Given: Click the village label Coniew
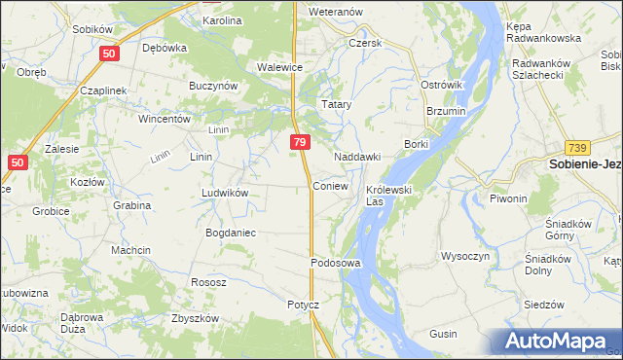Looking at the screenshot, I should point(330,185).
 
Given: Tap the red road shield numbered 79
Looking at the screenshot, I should point(300,142).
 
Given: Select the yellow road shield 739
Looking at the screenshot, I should point(577,147).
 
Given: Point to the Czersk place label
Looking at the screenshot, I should point(366,44).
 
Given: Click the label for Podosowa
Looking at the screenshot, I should point(336,263).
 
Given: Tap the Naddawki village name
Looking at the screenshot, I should point(356,157).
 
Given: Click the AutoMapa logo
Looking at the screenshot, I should point(559,342).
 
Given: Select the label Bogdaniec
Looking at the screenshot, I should point(230,233).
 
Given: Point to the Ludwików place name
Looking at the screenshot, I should point(225,193).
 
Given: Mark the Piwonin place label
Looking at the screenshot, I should point(508,198).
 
